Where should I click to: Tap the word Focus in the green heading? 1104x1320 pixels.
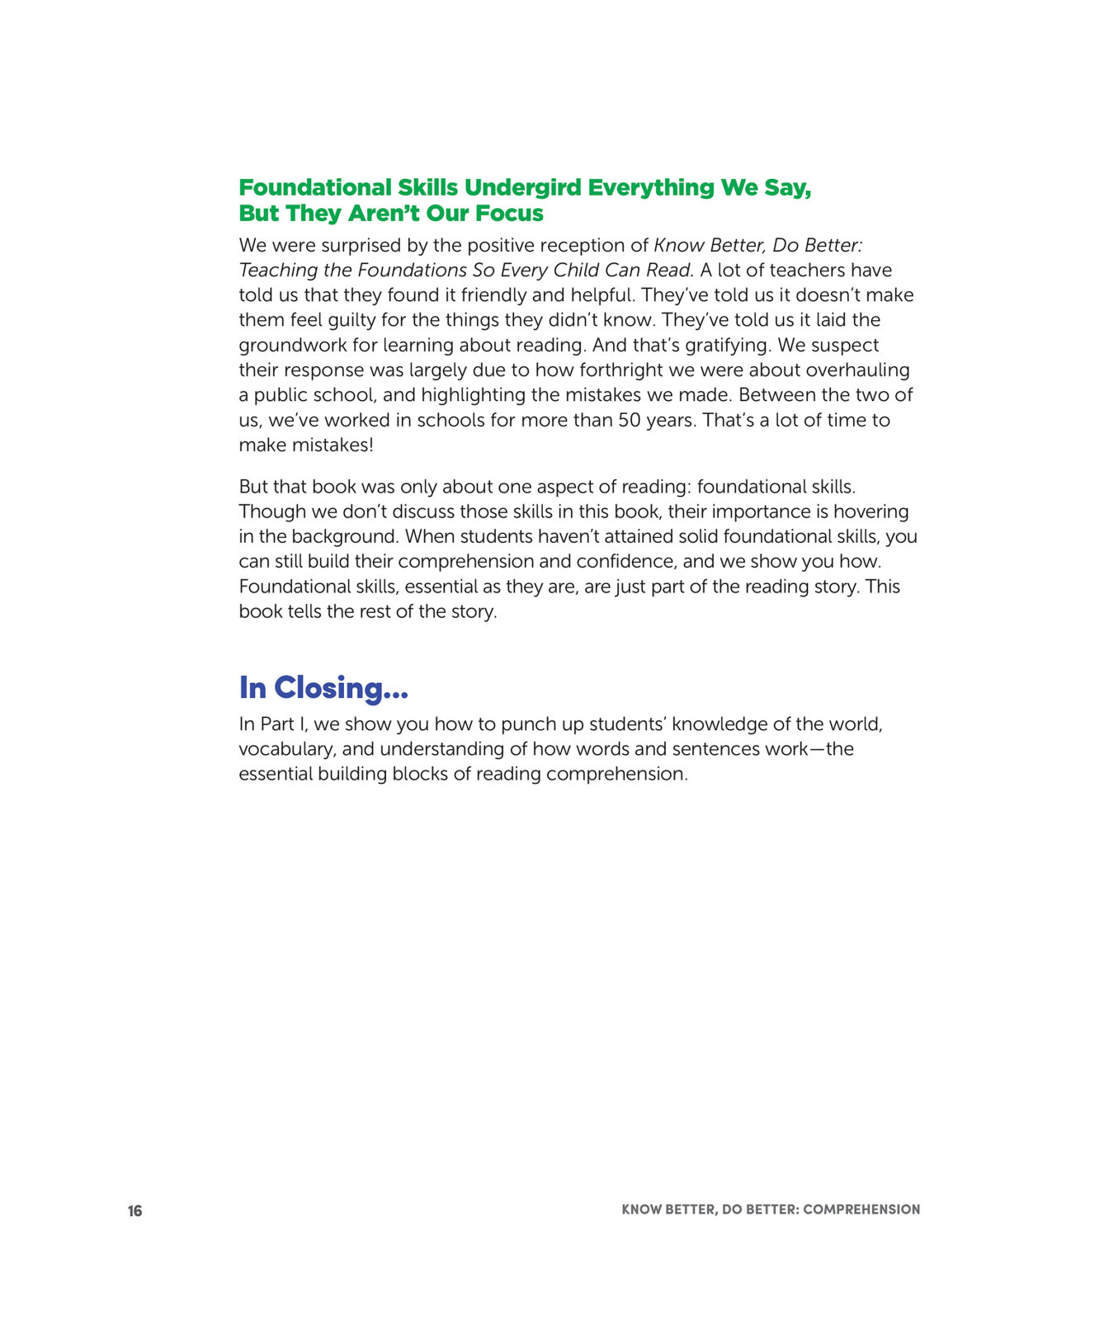(509, 214)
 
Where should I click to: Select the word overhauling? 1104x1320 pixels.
(857, 370)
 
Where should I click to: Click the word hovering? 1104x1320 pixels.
(871, 511)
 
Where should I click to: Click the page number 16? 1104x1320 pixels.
(134, 1211)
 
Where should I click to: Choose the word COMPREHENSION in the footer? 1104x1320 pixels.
(861, 1210)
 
